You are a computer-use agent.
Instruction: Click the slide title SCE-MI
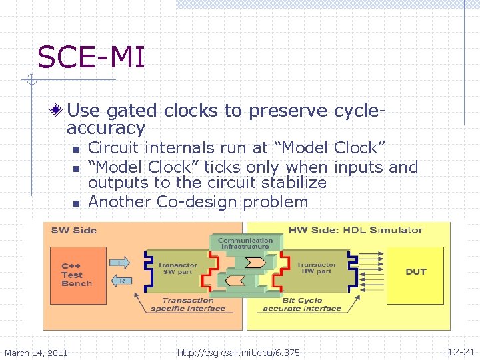click(91, 57)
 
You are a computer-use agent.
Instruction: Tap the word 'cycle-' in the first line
click(360, 110)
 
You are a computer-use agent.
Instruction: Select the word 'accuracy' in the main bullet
click(106, 128)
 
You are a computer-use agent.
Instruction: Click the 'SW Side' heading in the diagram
click(74, 231)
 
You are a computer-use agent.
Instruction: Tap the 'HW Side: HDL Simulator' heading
click(355, 231)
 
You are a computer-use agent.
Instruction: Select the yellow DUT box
click(416, 272)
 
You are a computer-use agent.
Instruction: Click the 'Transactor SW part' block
click(177, 269)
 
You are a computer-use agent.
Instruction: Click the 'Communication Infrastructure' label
click(245, 243)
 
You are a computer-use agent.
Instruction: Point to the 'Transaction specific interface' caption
click(188, 305)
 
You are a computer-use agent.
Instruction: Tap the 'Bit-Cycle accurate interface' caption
click(301, 305)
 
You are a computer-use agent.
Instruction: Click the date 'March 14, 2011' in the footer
click(36, 352)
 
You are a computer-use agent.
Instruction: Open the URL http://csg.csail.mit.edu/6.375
click(239, 352)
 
